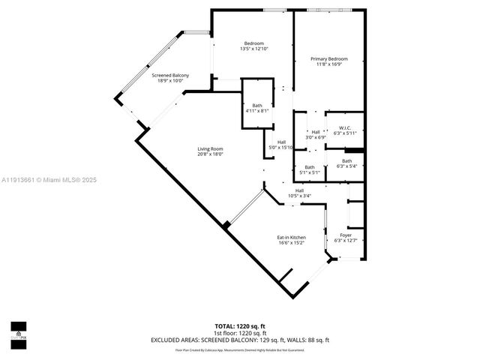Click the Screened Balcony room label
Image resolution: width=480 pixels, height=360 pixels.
tap(170, 75)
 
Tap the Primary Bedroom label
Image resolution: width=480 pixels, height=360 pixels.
tap(329, 58)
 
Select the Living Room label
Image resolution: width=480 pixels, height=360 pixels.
tap(210, 148)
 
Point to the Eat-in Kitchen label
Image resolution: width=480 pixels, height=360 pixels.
tap(292, 237)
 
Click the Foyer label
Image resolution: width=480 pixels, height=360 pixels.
tap(346, 235)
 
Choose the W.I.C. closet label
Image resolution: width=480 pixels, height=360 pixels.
tap(346, 127)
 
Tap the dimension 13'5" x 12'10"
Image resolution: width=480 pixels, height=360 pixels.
tap(253, 49)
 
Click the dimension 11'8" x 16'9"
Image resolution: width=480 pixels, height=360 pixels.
tap(329, 64)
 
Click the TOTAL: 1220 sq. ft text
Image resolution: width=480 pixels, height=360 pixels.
tap(240, 326)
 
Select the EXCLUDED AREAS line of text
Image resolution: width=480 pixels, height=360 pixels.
tap(240, 340)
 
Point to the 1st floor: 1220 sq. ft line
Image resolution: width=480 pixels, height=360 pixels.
tap(240, 333)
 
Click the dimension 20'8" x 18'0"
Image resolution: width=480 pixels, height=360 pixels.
tap(210, 154)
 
